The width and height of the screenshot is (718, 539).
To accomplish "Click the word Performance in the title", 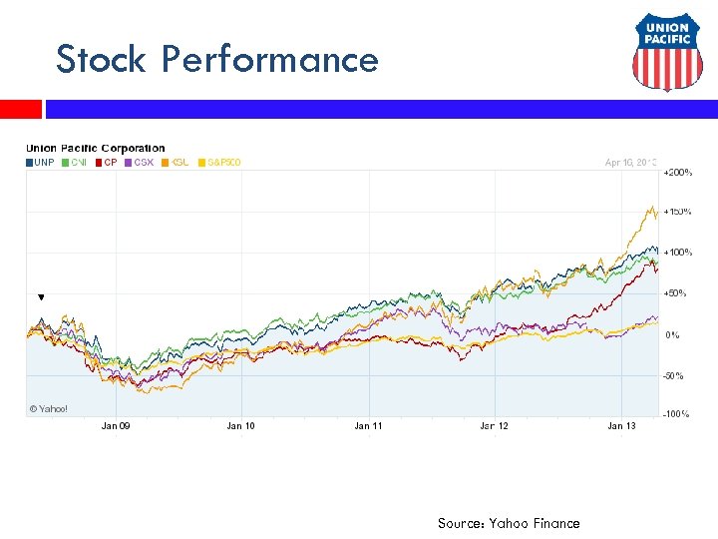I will [270, 60].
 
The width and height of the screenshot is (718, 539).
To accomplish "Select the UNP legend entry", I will [40, 162].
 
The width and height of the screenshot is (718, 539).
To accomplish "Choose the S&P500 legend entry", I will [222, 162].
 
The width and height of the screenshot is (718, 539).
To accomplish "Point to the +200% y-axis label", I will [678, 173].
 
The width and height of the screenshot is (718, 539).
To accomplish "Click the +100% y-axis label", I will [678, 253].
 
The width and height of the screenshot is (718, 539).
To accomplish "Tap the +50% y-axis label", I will [676, 293].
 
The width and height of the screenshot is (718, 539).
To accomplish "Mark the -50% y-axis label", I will [675, 375].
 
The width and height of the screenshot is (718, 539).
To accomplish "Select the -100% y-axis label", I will [677, 414].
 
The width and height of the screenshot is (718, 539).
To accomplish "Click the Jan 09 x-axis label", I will [116, 426].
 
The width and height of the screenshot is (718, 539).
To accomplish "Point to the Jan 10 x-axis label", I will [240, 426].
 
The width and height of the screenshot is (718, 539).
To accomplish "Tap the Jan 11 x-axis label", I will [368, 426].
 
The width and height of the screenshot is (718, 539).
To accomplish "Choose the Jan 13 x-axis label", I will [621, 426].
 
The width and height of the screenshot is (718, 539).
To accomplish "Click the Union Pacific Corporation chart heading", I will [96, 149].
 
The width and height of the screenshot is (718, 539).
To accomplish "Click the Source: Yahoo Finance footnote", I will [508, 523].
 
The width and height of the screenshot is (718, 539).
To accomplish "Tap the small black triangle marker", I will [41, 297].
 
